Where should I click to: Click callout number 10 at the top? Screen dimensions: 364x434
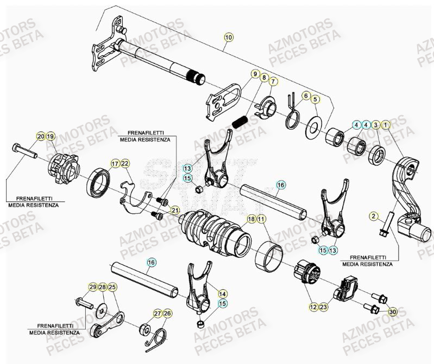tap(228, 37)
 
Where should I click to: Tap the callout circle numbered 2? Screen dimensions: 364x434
tap(374, 216)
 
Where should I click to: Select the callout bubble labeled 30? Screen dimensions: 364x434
tap(393, 311)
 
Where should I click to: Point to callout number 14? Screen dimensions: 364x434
tap(223, 293)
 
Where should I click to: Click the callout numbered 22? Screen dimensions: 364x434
tap(125, 164)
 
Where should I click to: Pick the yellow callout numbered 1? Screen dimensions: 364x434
tap(386, 125)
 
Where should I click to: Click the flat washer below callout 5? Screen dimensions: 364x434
tap(314, 127)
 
